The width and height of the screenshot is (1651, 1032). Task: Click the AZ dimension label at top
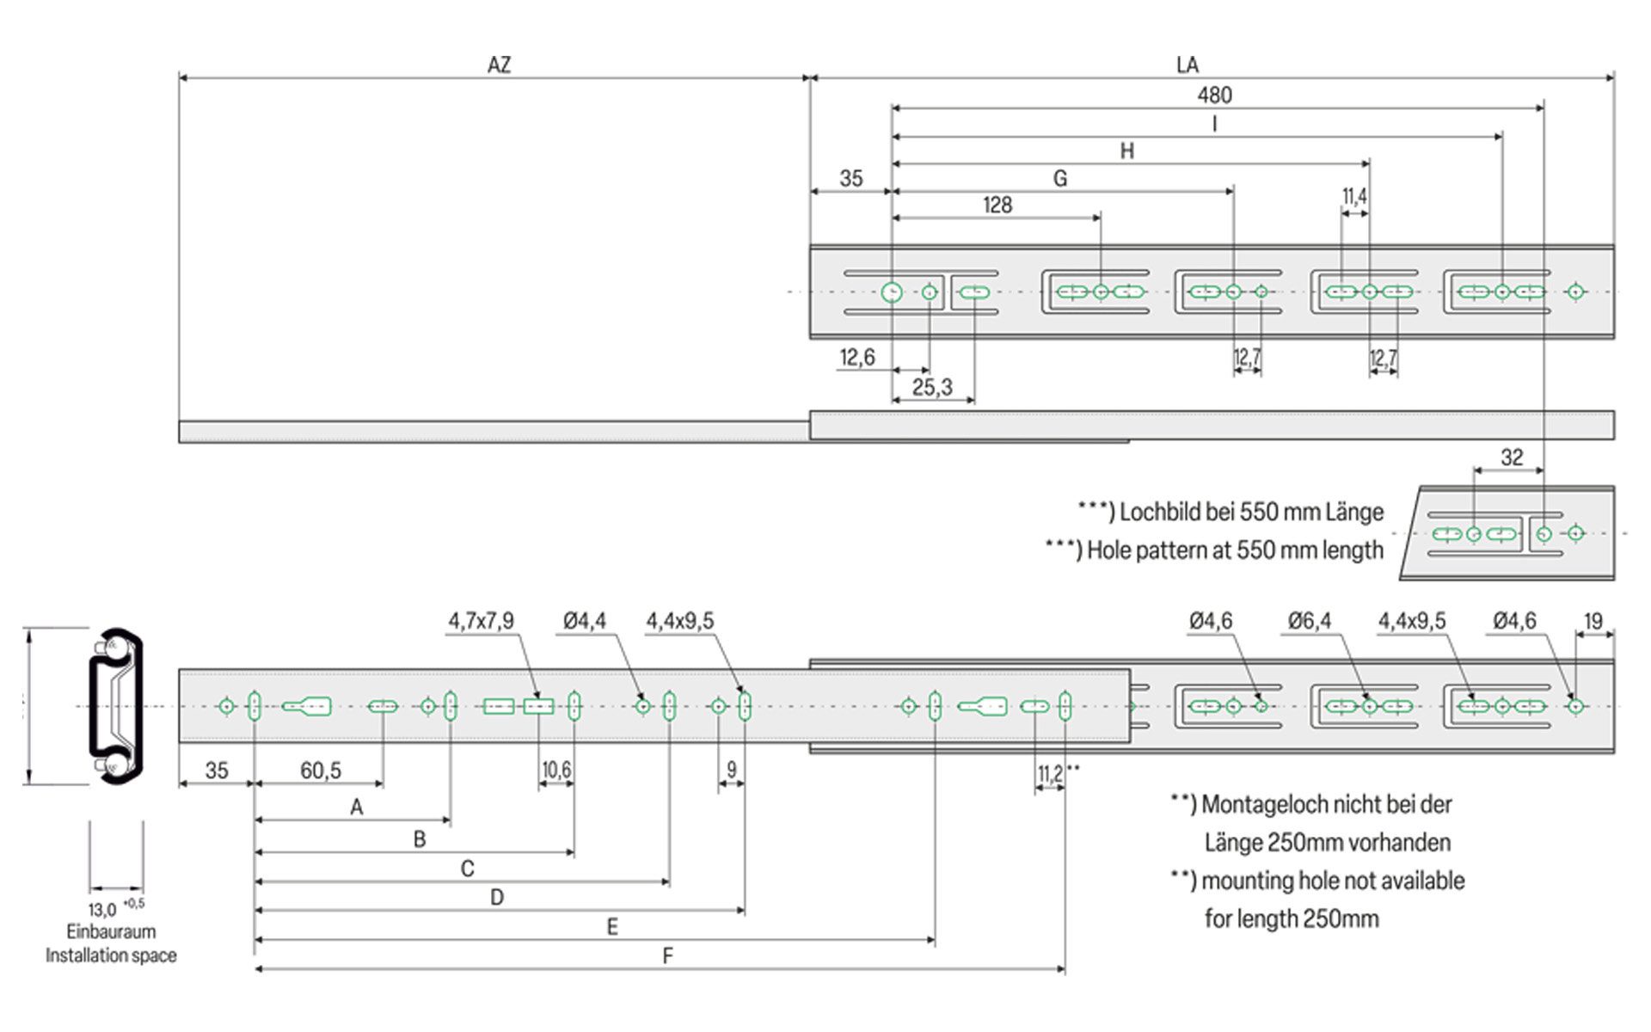(499, 65)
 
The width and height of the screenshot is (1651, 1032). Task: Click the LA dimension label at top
(1187, 65)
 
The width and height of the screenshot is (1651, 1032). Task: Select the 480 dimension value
(1214, 95)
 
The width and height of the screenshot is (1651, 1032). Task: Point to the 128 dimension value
(997, 206)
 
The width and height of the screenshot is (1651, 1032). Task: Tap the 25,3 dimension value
(932, 388)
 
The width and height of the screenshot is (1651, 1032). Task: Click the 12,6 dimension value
(857, 358)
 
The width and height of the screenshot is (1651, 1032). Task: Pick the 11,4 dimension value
(1354, 197)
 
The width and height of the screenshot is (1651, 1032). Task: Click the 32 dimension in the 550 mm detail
(1512, 458)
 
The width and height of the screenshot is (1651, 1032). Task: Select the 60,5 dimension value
(321, 771)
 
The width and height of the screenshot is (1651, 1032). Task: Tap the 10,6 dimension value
(556, 770)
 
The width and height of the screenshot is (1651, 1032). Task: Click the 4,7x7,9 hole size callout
(481, 621)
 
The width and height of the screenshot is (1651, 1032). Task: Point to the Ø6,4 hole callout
(1309, 621)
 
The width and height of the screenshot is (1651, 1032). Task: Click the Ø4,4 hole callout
(585, 621)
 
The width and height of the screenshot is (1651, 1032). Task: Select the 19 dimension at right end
(1593, 621)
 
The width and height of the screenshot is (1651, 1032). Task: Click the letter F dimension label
(667, 955)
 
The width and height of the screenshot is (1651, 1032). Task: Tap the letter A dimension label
(357, 808)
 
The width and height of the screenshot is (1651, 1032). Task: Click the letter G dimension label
(1060, 179)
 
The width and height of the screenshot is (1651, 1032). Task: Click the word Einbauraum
(111, 932)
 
